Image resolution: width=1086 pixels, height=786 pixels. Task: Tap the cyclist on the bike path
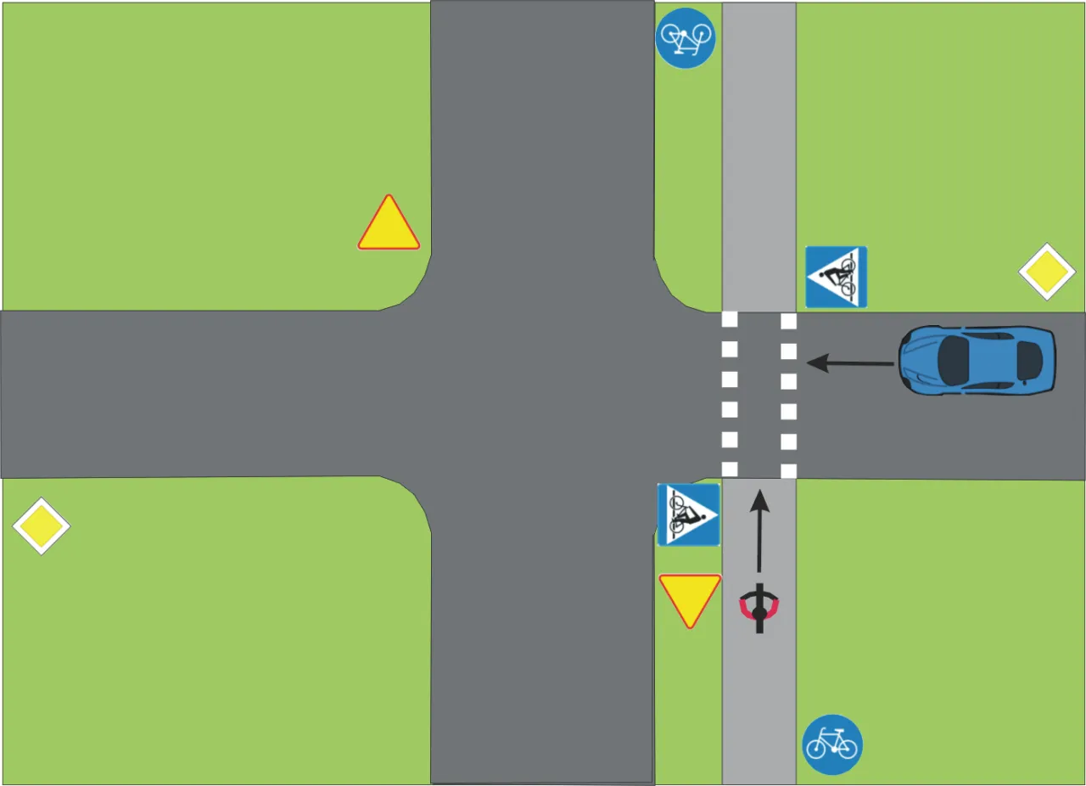(x=759, y=609)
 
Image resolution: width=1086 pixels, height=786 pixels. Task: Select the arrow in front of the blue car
(x=849, y=364)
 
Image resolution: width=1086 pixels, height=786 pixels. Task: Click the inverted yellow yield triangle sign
(x=690, y=597)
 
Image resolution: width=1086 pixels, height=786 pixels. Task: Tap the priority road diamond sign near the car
(x=1047, y=272)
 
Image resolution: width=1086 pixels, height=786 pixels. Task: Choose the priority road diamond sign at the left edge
(x=41, y=526)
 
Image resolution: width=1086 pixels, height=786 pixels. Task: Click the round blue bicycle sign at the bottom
(x=832, y=744)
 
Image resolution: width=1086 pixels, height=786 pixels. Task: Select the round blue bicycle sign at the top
(x=686, y=38)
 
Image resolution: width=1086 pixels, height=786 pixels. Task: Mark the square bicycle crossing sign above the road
(x=836, y=277)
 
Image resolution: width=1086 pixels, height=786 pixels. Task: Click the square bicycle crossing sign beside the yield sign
(x=688, y=514)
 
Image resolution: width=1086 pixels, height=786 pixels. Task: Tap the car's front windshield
(x=954, y=360)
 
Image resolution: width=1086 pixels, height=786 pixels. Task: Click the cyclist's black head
(x=759, y=611)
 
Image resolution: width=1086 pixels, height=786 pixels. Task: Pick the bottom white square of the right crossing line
(x=788, y=470)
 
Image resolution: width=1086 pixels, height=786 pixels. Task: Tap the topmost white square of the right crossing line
(x=788, y=321)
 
